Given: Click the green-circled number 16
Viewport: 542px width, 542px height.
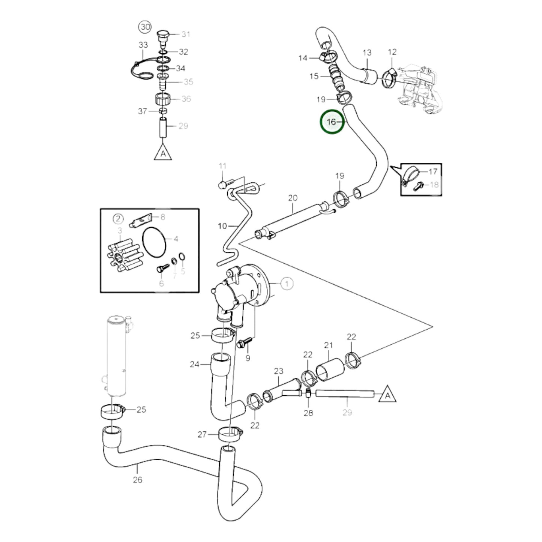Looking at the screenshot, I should coord(332,122).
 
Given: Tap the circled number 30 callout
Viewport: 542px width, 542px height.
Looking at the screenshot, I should coord(145,27).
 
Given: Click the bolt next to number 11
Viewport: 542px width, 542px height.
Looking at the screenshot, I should coord(222,185).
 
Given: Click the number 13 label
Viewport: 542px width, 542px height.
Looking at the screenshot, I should coord(367,53).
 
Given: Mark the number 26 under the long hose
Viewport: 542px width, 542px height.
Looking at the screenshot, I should coord(137,479).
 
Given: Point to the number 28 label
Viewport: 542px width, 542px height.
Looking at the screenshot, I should coord(308,413).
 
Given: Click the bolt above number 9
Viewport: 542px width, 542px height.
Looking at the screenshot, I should coord(244,341).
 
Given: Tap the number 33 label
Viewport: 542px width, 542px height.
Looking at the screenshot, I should coord(143,45).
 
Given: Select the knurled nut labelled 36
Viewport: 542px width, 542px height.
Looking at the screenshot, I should coord(163,100).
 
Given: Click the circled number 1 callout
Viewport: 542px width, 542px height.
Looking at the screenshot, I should coord(287,284).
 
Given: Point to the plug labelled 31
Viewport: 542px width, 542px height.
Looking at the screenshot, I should coord(164,36).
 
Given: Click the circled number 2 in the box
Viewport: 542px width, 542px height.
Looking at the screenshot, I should coord(118,219).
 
